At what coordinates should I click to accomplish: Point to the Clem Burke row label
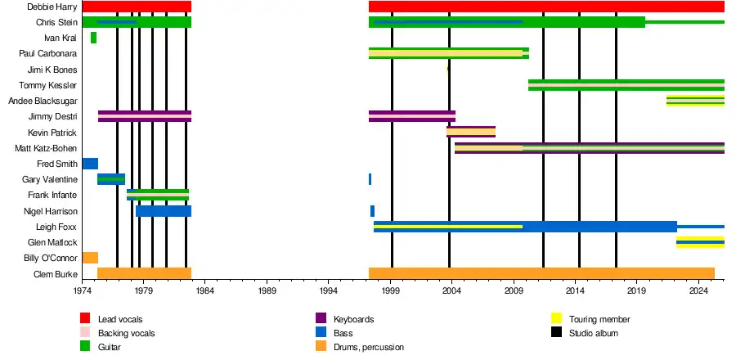tap(54, 274)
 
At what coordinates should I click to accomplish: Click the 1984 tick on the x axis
tap(205, 290)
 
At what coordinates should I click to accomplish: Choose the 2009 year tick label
tap(514, 290)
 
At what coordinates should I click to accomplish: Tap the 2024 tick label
tap(698, 290)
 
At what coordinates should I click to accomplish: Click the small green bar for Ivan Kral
tap(93, 38)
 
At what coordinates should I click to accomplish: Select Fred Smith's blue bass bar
tap(90, 164)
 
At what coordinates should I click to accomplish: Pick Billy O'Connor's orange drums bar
tap(90, 258)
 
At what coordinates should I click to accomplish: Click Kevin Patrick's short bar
tap(471, 132)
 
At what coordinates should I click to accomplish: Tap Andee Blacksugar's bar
tap(695, 101)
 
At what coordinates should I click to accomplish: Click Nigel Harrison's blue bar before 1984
tap(164, 211)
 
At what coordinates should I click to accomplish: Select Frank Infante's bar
tap(158, 195)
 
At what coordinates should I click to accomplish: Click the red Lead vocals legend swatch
tap(85, 318)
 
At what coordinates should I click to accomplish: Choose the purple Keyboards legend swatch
tap(321, 318)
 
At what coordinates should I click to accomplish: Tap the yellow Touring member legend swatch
tap(556, 318)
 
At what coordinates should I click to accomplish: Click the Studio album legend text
tap(595, 333)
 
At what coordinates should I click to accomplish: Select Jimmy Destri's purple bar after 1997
tap(411, 116)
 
